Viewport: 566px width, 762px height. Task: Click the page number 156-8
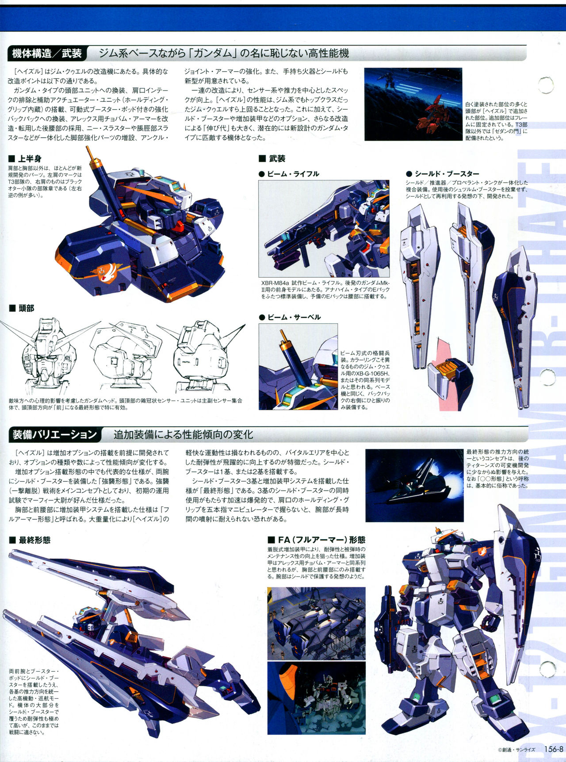point(553,749)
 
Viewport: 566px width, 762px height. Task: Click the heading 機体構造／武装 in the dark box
point(47,54)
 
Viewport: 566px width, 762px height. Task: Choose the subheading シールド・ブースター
point(447,174)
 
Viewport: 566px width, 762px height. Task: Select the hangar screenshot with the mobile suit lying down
point(317,624)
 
